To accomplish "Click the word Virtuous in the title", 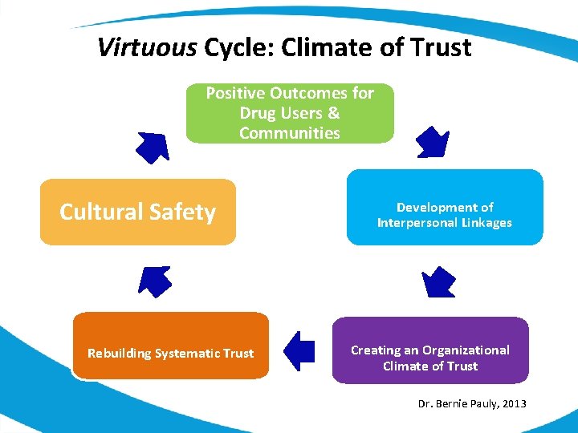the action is (146, 47).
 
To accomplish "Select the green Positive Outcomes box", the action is (290, 113).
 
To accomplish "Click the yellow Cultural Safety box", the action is (138, 212).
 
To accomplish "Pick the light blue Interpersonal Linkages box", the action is (445, 208).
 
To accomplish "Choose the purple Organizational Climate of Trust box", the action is (430, 350).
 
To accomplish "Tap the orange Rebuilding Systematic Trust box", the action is (170, 346).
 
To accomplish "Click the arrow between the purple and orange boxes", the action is (300, 350).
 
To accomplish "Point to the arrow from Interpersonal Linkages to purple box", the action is (438, 281).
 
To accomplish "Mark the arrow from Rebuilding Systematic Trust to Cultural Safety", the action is (155, 281).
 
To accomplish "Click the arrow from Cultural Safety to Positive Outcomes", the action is (152, 146).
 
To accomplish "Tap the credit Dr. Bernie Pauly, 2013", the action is (472, 403).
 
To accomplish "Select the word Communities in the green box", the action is (289, 133).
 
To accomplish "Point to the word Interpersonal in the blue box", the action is (417, 223).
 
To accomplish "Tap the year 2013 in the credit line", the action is (513, 403).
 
